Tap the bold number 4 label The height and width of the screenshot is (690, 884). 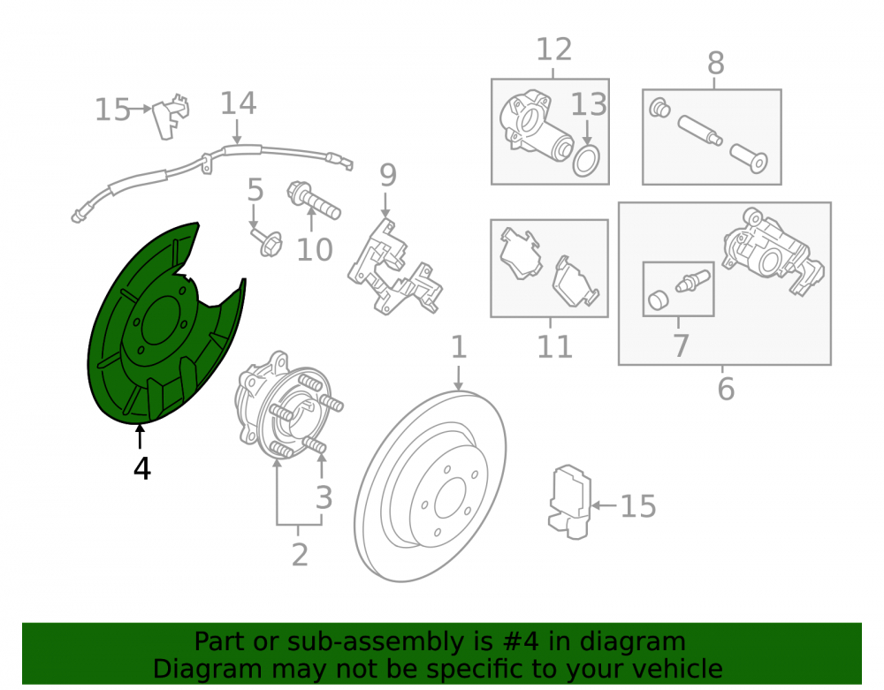click(x=142, y=468)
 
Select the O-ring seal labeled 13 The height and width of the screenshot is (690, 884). click(x=586, y=161)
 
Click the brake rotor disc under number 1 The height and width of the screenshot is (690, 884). click(x=431, y=486)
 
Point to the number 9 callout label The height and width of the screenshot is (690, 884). click(x=388, y=175)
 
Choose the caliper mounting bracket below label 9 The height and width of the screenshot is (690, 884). click(x=394, y=268)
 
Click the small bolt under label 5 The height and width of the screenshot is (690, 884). click(x=267, y=241)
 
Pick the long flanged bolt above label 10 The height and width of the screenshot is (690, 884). click(x=314, y=200)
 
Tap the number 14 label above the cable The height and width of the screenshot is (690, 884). click(x=238, y=103)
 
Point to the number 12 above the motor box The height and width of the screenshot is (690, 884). click(x=553, y=49)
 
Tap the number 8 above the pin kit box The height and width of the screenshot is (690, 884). click(x=715, y=63)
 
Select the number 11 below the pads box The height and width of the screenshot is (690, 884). click(x=555, y=346)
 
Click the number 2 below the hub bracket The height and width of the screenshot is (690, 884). click(x=300, y=555)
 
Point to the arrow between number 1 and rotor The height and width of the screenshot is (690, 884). click(x=458, y=377)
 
